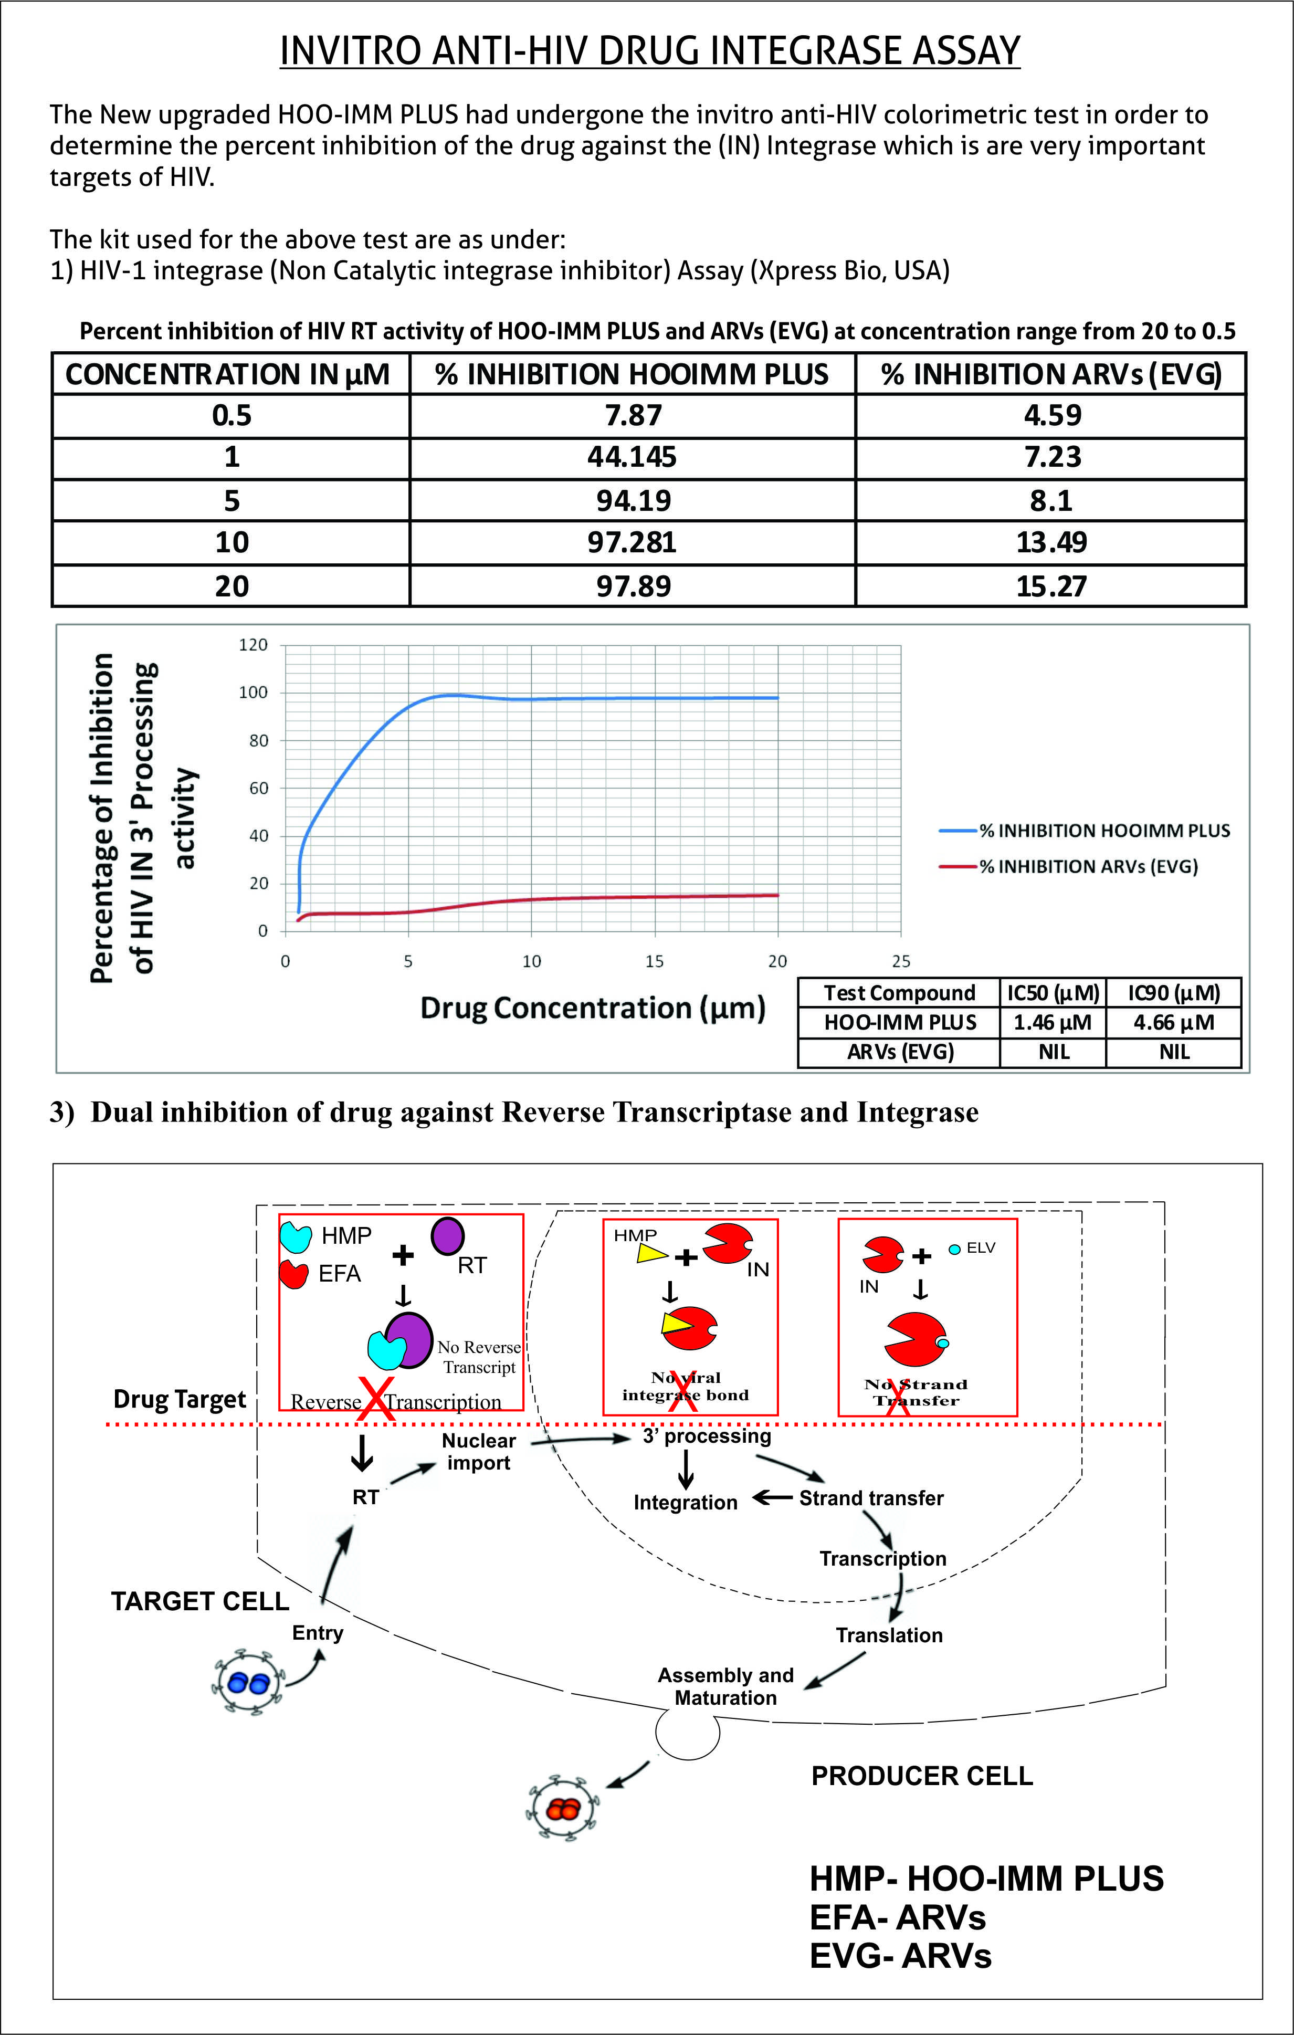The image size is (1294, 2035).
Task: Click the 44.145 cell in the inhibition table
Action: click(632, 457)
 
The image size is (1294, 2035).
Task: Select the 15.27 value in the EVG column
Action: click(1050, 585)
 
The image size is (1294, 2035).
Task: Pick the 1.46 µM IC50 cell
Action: click(1053, 1023)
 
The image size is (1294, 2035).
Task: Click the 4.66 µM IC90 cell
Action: click(1173, 1023)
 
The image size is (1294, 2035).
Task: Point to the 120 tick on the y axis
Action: click(253, 645)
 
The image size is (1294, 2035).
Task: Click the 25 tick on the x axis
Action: click(901, 961)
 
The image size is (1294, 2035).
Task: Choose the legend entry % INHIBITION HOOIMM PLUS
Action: click(1104, 831)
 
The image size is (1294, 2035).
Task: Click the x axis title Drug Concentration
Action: click(593, 1008)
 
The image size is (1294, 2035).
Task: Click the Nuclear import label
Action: click(478, 1451)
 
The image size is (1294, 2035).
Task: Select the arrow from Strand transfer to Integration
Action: click(773, 1497)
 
